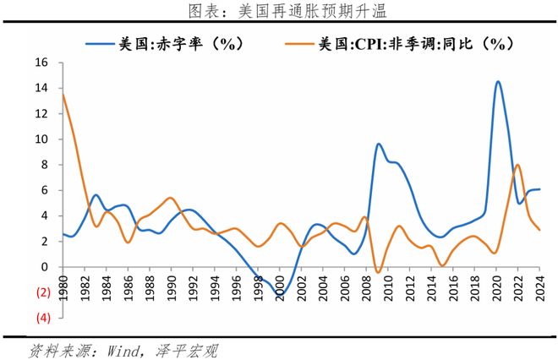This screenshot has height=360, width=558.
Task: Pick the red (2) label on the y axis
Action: point(41,292)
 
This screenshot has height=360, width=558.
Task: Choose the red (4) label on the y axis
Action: point(41,318)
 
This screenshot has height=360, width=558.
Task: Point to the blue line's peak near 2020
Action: point(497,82)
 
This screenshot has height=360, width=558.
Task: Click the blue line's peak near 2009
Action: point(379,145)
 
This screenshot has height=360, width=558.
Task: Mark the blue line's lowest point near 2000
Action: point(280,295)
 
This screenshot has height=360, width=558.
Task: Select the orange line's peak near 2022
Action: point(517,165)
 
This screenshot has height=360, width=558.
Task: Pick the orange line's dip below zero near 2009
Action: point(378,272)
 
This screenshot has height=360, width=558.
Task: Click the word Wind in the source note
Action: point(113,348)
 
